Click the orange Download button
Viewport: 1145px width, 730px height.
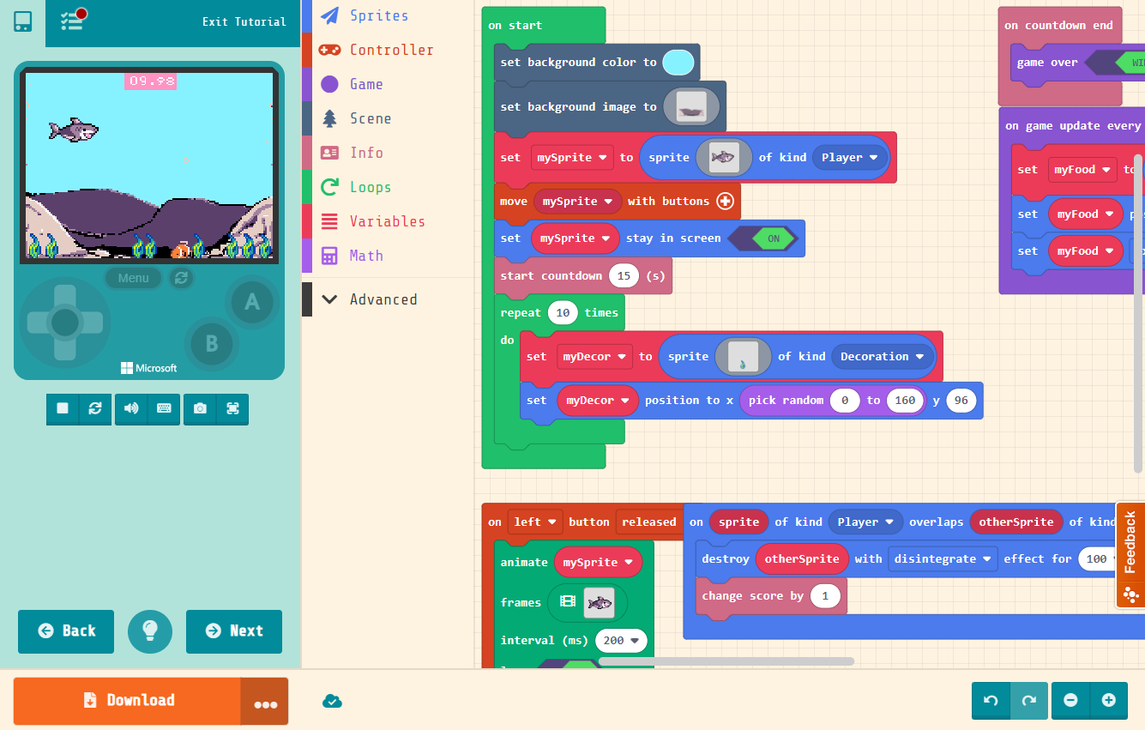tap(127, 700)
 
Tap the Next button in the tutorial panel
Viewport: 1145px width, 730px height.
tap(234, 631)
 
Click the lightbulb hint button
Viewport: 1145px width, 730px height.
tap(150, 631)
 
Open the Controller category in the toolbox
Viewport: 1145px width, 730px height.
tap(391, 50)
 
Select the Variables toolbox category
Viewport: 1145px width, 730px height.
tap(387, 221)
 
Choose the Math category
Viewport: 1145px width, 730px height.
tap(366, 256)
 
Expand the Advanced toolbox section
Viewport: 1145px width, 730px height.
tap(383, 299)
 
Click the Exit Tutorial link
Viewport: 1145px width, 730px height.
tap(244, 21)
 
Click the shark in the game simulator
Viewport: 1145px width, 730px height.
tap(74, 130)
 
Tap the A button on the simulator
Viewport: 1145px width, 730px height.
tap(252, 301)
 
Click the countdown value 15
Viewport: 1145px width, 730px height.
tap(624, 275)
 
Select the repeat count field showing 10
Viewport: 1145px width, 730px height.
tap(563, 312)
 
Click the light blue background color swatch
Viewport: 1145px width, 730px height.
tap(678, 62)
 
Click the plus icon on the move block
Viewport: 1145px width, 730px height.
tap(725, 202)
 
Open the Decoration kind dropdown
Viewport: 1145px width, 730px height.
tap(882, 356)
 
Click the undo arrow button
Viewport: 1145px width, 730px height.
tap(991, 700)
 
